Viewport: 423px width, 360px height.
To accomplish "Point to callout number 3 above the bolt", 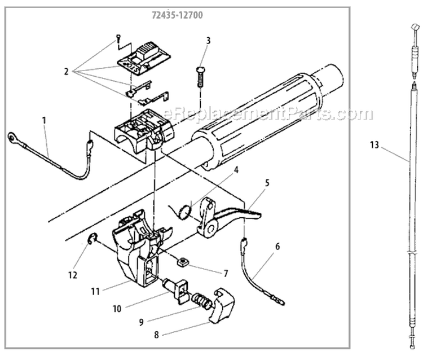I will point(208,41).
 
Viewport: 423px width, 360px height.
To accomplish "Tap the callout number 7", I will point(226,274).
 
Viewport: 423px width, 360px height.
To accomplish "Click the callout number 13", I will point(374,145).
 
